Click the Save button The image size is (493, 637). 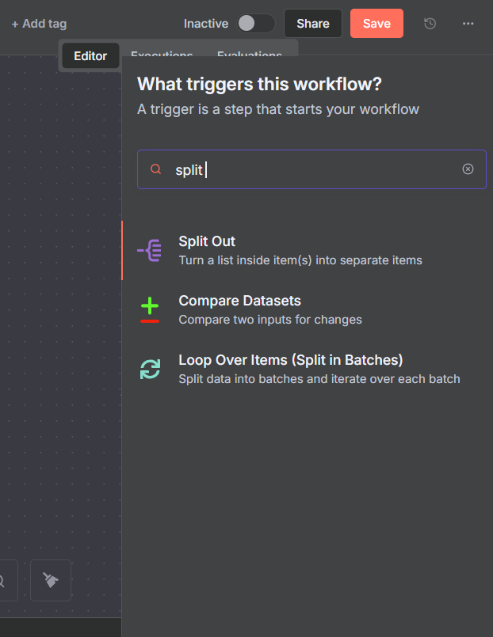376,24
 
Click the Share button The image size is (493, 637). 312,24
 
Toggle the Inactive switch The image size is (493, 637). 256,24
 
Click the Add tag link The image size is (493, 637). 39,24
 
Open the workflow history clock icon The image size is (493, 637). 430,24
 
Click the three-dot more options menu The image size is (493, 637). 468,24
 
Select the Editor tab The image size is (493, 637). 90,56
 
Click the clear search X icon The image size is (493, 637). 468,169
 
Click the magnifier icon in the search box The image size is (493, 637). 156,169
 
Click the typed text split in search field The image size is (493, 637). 189,170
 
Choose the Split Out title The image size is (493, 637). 207,241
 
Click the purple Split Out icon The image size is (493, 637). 149,250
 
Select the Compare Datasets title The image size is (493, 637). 239,301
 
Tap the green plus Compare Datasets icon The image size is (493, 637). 149,309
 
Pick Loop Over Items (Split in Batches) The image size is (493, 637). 291,360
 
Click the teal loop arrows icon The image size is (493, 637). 149,369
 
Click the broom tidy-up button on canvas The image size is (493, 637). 51,581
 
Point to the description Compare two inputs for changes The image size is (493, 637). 270,320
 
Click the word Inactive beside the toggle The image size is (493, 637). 206,24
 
